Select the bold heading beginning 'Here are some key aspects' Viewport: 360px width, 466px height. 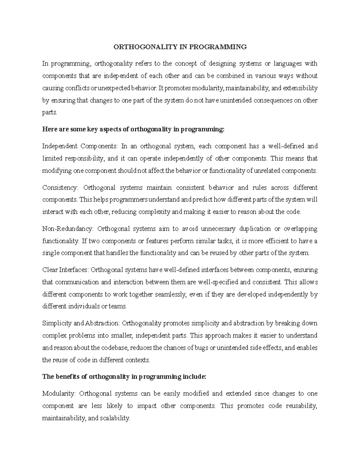(133, 129)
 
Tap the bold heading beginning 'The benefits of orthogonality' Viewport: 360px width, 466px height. (124, 377)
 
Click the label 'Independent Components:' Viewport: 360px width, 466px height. (80, 146)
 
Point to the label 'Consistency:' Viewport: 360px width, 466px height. (60, 188)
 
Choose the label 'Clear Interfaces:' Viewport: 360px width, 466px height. (66, 270)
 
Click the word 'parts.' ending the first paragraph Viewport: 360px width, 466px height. (49, 113)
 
